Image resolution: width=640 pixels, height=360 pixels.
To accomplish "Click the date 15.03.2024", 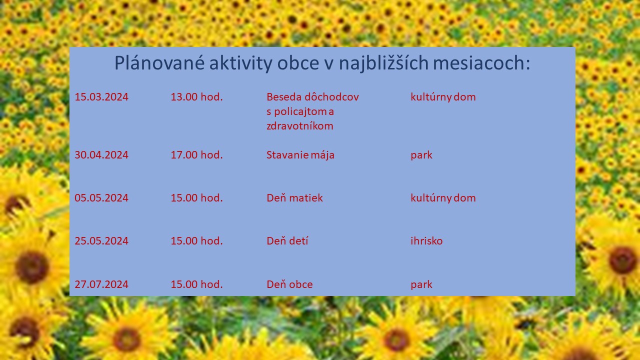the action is coord(101,97).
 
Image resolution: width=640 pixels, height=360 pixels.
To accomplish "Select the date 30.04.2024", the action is coord(101,155).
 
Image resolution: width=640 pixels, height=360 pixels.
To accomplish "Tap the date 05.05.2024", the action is coord(101,198).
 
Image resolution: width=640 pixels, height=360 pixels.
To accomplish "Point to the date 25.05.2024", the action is coord(101,241).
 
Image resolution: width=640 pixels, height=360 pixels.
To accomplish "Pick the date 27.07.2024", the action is coord(101,284).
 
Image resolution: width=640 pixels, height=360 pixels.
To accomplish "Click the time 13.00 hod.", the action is coord(196,97).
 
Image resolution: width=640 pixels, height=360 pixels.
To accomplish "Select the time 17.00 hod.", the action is coord(196,155).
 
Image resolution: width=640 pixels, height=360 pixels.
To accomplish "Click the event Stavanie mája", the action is coord(300,155).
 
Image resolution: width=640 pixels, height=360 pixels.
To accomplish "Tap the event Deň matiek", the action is coord(294,197).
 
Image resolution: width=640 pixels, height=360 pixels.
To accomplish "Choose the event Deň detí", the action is coord(287,241).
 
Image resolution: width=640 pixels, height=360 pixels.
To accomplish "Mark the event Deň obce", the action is coord(289,284).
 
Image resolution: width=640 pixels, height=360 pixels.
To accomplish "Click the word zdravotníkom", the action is coord(299,126).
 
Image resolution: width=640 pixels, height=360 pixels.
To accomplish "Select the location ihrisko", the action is coord(426,241).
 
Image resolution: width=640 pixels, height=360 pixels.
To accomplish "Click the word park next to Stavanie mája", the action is coord(421,155).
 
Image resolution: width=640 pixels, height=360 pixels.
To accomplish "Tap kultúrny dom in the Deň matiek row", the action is coord(443,197).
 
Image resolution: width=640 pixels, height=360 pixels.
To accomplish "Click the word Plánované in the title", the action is coord(159,62).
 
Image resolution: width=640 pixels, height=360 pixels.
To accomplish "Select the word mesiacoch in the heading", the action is coord(481,62).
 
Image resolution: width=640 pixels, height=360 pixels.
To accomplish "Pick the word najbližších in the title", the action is coord(383,63).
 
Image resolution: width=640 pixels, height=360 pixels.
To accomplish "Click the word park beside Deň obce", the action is coord(421,285).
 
